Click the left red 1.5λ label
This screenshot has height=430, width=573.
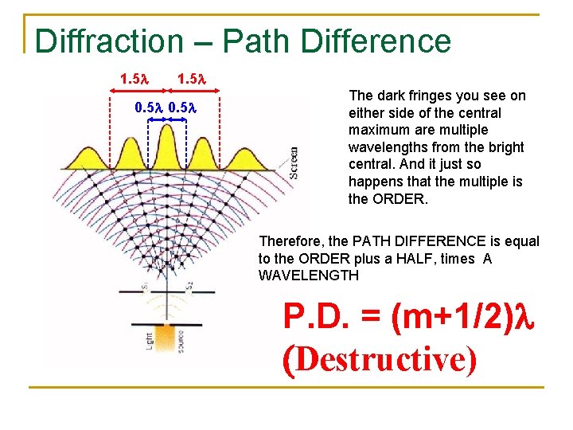coord(134,79)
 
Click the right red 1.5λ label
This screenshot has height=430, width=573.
coord(192,79)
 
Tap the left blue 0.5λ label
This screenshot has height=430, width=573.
coord(147,107)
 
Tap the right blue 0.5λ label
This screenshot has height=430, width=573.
coord(182,107)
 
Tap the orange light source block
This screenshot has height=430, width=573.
coord(166,340)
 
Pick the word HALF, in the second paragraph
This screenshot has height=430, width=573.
coord(460,258)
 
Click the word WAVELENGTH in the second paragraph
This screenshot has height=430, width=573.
coord(309,276)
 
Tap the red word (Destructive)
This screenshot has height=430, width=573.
coord(380,359)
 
